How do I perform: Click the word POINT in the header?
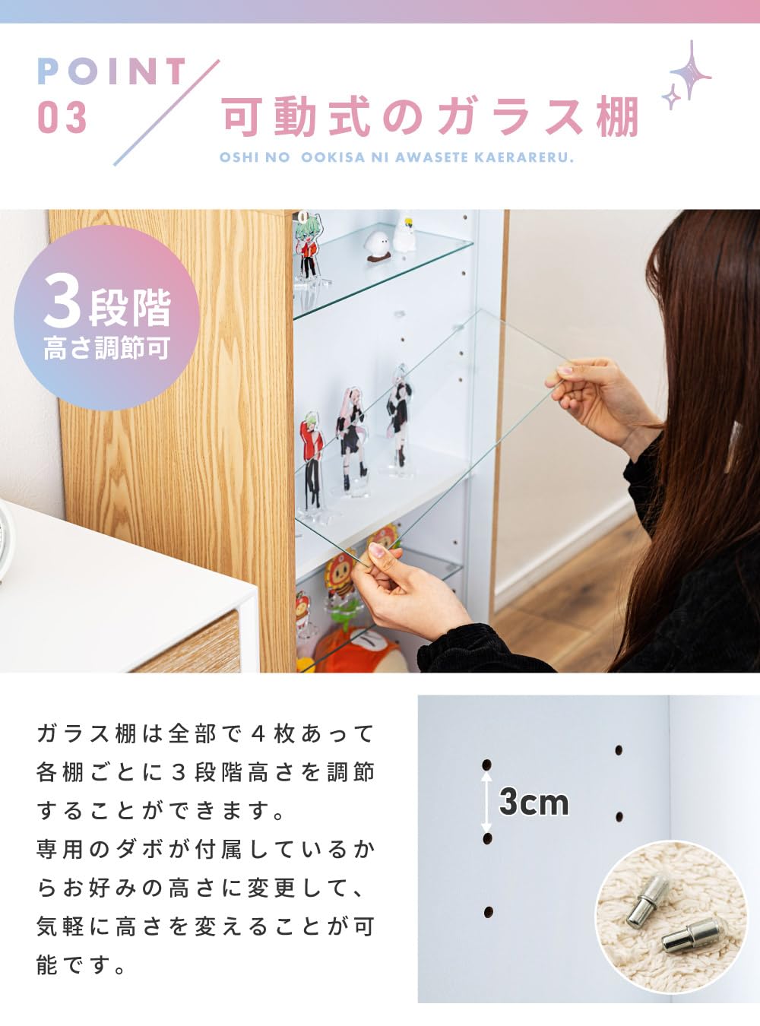tap(112, 71)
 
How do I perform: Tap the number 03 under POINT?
tap(62, 119)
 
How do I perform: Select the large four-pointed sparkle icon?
tap(691, 71)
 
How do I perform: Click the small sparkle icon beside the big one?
tap(671, 98)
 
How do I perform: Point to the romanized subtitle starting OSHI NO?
tap(396, 158)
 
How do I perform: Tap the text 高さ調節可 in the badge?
tap(106, 349)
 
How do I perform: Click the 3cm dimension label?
tap(534, 802)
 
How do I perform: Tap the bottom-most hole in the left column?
tap(488, 911)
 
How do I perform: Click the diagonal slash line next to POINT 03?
tap(166, 112)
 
